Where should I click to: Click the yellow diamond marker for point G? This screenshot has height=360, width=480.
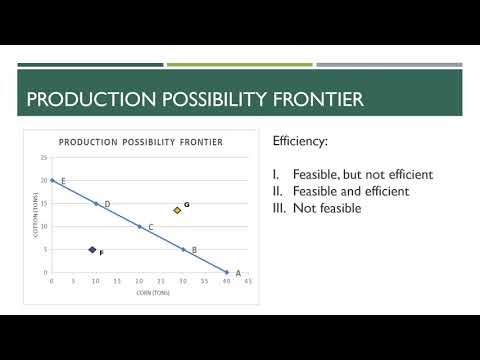pos(177,210)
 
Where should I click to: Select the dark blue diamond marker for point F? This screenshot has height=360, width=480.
pos(92,250)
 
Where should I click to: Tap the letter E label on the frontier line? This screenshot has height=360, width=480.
pos(63,181)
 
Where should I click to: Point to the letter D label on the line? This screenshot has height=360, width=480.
pos(107,204)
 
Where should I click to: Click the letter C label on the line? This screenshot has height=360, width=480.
pos(151,227)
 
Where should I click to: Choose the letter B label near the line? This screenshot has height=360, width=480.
pos(194,250)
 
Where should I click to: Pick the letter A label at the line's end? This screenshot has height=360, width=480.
pos(238,273)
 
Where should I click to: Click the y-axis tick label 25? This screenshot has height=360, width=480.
pos(44,158)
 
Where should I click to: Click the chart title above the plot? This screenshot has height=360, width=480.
pos(140,142)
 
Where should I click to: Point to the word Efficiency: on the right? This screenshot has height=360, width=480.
pos(300,143)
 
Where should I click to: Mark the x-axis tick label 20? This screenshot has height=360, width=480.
pos(139,281)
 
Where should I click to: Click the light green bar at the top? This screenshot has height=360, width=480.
pos(239,65)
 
